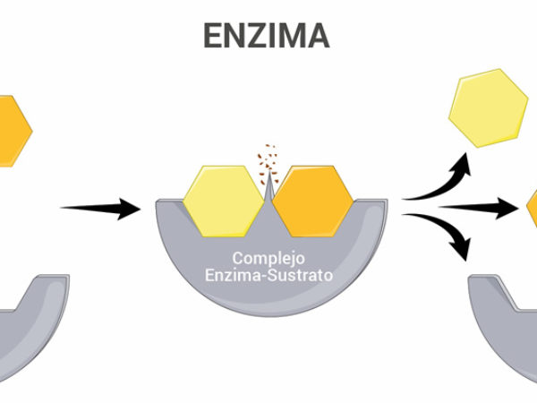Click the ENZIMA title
(267, 35)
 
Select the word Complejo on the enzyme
(268, 258)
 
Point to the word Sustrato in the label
(301, 275)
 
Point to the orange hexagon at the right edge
(532, 210)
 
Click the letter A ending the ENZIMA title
(315, 35)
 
